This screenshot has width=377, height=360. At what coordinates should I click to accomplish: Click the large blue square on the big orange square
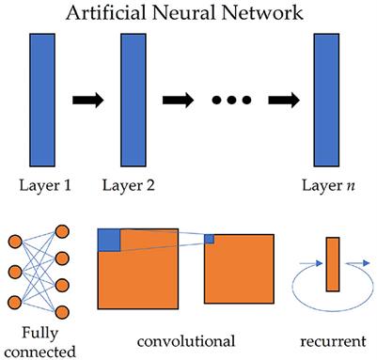(110, 240)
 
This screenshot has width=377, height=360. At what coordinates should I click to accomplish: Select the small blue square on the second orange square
(209, 239)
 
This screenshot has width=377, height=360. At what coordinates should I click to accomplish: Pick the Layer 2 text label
(130, 186)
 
